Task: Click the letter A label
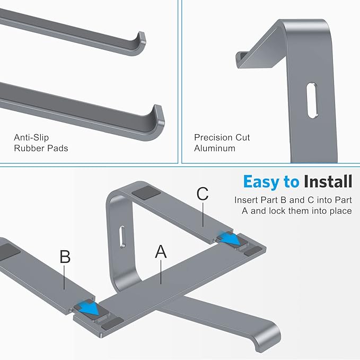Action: [161, 251]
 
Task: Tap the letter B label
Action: [65, 257]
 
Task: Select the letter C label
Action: [203, 194]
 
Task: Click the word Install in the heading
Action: [328, 182]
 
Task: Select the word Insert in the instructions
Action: [247, 200]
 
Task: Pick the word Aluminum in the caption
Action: [215, 148]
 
